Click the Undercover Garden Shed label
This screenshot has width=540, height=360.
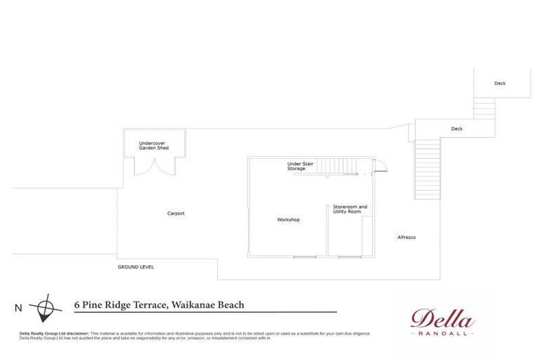tap(152, 146)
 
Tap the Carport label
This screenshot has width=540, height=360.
tap(176, 213)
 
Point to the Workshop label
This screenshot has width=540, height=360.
tap(288, 219)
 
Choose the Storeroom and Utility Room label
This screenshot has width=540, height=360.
tap(349, 209)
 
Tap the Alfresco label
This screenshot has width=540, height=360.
tap(406, 237)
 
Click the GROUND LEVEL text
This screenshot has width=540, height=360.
tap(136, 267)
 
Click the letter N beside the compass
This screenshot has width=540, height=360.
tap(18, 307)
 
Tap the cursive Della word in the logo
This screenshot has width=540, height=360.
tap(442, 319)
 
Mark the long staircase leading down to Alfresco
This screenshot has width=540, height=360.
tap(427, 169)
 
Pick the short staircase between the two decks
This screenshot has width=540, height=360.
tap(484, 109)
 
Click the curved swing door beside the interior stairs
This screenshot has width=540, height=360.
tap(380, 166)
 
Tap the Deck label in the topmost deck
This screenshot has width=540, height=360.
tap(499, 83)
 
